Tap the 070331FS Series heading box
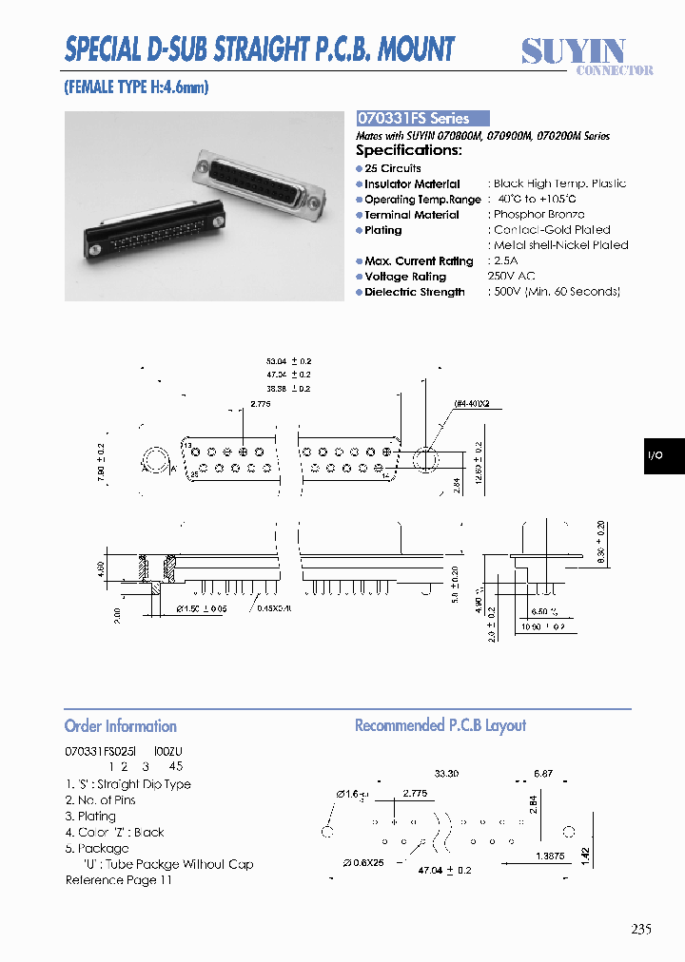[x=422, y=119]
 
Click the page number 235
[x=640, y=929]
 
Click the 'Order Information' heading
[x=121, y=726]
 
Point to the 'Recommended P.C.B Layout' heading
[x=440, y=725]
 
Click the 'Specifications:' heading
[x=409, y=150]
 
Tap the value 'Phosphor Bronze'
[x=539, y=215]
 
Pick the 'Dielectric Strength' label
[x=415, y=292]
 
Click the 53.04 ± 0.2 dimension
[x=289, y=361]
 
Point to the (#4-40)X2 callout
[x=471, y=404]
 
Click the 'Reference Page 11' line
[x=119, y=880]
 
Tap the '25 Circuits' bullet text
[x=393, y=168]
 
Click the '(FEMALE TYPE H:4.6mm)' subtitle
[x=136, y=87]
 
